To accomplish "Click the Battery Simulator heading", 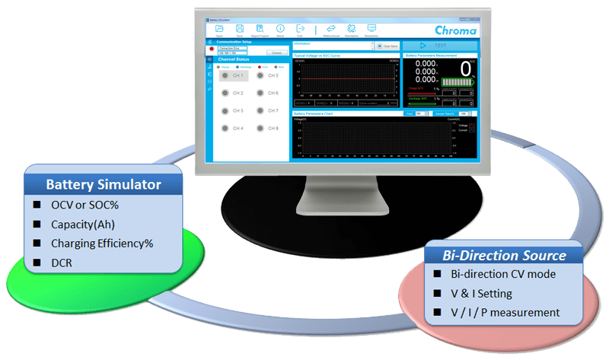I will coord(103,185).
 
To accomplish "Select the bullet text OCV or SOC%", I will coord(81,205).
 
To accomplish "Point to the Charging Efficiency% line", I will coord(102,244).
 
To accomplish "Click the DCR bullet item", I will coord(62,263).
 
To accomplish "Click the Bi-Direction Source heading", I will coord(505,255).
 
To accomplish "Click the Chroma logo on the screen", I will coord(455,30).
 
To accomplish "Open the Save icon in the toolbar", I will coord(240,30).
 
